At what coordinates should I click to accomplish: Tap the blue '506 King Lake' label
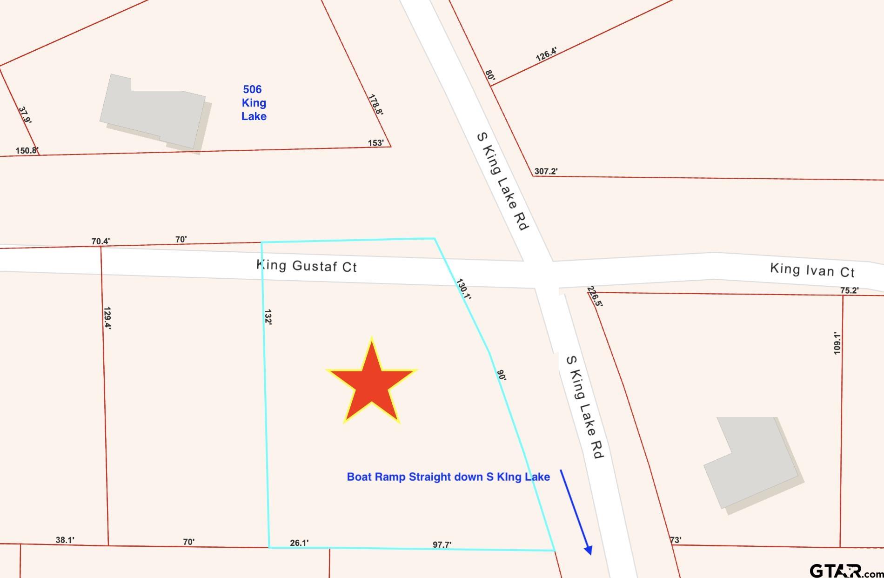tap(254, 103)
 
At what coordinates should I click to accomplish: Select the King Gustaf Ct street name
tap(307, 266)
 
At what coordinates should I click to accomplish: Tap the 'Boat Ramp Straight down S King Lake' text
tap(448, 477)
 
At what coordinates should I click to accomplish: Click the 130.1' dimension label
tap(464, 289)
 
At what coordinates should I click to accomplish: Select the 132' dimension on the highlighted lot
tap(268, 317)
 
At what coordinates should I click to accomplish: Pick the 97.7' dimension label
tap(442, 544)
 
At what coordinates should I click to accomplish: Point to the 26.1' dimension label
tap(299, 543)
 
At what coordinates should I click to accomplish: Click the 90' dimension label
tap(501, 375)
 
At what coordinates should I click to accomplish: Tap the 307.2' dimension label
tap(546, 171)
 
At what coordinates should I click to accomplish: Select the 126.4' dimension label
tap(546, 54)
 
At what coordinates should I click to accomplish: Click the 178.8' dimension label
tap(375, 105)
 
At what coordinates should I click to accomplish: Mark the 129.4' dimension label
tap(107, 318)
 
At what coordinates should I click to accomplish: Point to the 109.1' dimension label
tap(837, 343)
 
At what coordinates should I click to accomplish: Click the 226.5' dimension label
tap(595, 297)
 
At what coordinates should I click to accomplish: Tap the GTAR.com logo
tap(845, 570)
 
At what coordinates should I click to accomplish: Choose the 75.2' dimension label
tap(849, 290)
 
